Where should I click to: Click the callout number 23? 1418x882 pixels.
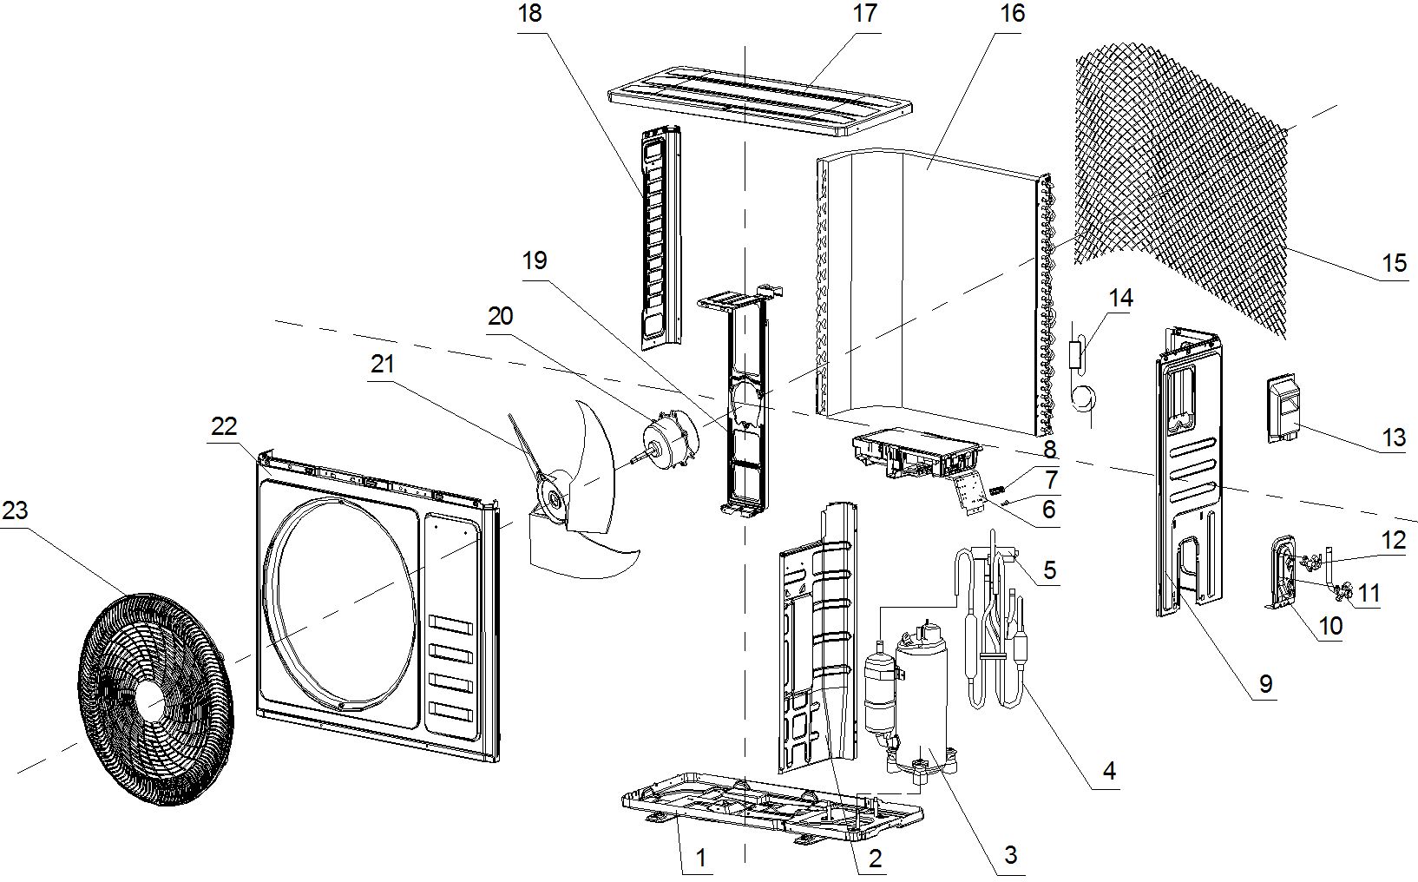(15, 510)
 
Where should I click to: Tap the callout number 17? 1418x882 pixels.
(865, 14)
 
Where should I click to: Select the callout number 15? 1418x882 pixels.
(1394, 262)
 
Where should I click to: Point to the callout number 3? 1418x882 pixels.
(1010, 855)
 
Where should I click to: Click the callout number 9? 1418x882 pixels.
(1265, 684)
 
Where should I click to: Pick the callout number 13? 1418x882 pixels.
(1393, 437)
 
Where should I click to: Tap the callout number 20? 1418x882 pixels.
(501, 317)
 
